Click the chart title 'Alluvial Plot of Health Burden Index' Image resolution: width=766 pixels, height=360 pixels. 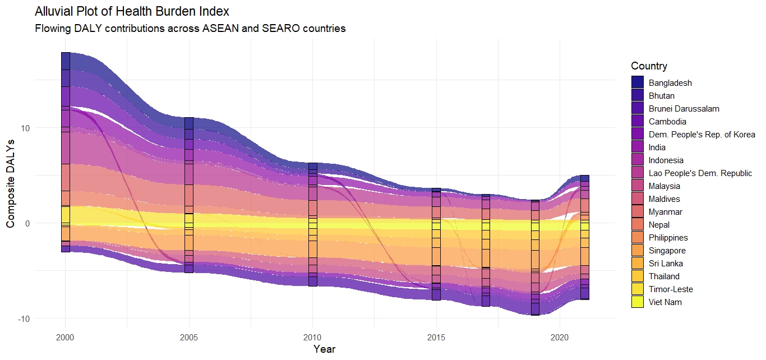tap(132, 11)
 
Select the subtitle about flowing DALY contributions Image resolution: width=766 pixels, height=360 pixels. tap(190, 28)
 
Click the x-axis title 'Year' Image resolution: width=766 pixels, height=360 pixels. tap(324, 349)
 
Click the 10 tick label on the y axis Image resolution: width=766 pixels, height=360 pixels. tap(25, 128)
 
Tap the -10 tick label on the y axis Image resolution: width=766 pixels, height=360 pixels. tap(24, 319)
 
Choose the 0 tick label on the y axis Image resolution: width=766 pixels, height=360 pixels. tap(27, 223)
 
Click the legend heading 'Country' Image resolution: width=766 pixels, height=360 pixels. tap(649, 66)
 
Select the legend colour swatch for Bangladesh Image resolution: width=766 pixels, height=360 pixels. tap(638, 83)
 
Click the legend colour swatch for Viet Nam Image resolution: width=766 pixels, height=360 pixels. tap(638, 302)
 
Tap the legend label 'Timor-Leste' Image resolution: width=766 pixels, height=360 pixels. tap(671, 289)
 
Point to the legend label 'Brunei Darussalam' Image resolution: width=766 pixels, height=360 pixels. tap(684, 109)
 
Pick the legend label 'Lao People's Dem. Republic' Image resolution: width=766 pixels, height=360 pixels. tap(700, 173)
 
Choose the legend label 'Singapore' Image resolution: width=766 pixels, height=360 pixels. tap(667, 251)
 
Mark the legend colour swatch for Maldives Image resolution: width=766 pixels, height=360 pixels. tap(638, 199)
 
